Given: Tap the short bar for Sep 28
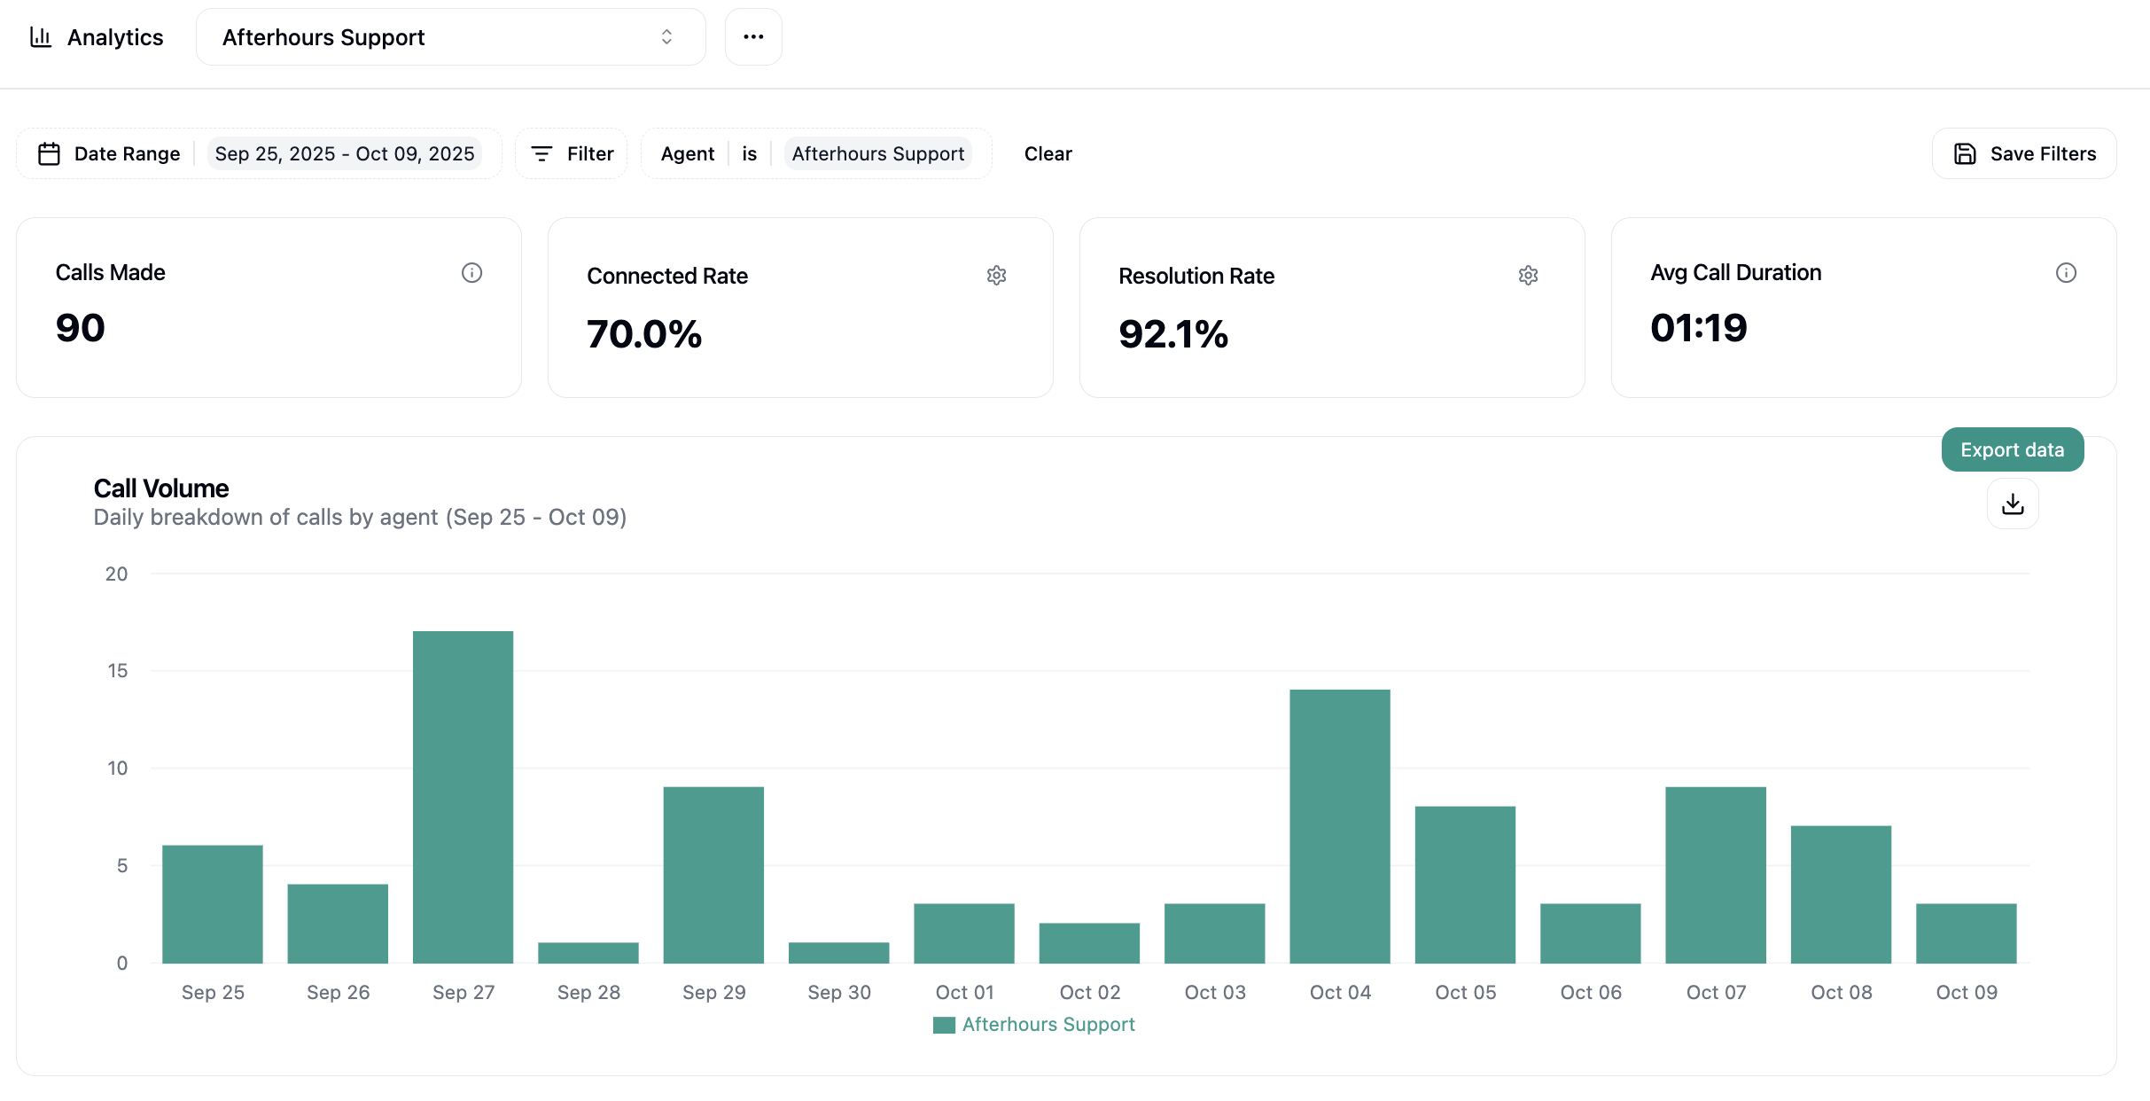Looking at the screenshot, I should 588,953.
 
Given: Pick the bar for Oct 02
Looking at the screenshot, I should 1089,943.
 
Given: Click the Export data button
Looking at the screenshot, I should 2012,450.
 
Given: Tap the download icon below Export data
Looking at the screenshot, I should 2013,504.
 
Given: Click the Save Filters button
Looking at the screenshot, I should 2024,154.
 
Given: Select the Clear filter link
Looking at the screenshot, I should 1048,154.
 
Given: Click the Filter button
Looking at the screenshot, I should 572,154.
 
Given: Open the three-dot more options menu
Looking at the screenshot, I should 753,37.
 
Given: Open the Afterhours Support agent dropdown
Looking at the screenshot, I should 450,37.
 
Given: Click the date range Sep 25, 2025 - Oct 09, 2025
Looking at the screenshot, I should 345,154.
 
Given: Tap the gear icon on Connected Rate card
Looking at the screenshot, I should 996,276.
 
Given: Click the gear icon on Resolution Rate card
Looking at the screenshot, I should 1528,276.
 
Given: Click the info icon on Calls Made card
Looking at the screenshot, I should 471,273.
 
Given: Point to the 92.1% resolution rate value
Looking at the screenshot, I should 1173,334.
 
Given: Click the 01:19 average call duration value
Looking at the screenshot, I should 1698,328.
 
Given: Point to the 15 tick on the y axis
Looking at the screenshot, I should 118,671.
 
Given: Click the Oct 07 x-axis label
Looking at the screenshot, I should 1716,993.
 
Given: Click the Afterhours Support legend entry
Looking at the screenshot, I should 1034,1025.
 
